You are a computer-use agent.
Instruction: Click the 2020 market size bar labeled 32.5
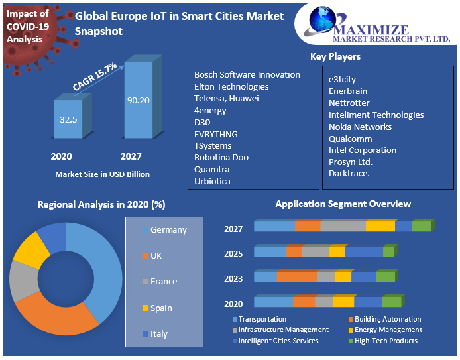coord(68,121)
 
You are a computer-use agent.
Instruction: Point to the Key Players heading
coord(335,57)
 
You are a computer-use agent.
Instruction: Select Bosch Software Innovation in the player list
coord(247,74)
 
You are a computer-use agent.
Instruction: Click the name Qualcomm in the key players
coord(351,139)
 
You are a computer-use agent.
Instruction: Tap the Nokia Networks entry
coord(360,127)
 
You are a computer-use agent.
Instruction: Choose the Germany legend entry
coord(168,230)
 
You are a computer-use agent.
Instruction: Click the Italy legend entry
coord(159,334)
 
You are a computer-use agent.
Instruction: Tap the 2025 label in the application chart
coord(233,254)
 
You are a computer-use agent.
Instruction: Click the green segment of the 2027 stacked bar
coord(421,226)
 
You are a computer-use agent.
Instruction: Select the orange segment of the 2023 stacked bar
coord(296,276)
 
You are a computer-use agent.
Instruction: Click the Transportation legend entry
coord(262,319)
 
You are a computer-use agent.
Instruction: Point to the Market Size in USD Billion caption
coord(102,174)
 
